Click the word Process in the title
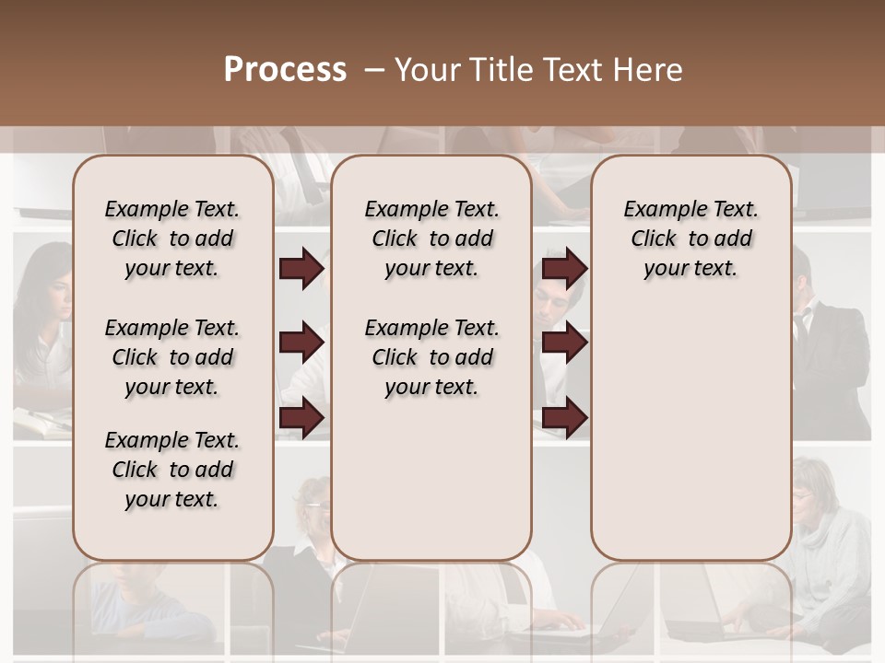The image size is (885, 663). point(285,69)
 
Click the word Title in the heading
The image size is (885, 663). point(501,70)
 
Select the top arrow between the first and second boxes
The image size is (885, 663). point(301,269)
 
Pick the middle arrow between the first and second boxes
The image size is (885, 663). point(301,343)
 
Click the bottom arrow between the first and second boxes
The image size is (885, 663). point(301,418)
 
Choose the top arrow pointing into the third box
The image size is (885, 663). point(564,269)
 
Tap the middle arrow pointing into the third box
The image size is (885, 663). point(564,343)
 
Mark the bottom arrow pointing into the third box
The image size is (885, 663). point(564,418)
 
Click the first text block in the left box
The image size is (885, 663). point(172,238)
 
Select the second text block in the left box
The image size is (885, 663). point(172,357)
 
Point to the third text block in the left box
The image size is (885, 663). point(172,470)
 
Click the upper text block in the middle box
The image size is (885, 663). point(431,238)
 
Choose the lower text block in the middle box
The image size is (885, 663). point(431,357)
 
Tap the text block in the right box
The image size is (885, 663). point(690,238)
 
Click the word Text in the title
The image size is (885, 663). point(567,70)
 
